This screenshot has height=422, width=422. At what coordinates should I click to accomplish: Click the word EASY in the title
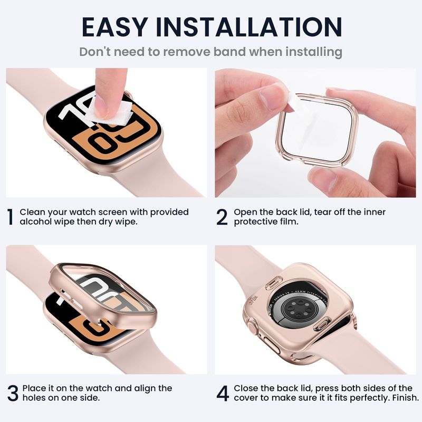[114, 27]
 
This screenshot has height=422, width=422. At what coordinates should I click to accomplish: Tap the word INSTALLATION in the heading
[249, 27]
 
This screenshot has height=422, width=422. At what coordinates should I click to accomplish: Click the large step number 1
[10, 217]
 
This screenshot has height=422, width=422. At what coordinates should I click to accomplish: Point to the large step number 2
[222, 217]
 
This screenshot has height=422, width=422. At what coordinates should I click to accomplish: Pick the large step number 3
[13, 393]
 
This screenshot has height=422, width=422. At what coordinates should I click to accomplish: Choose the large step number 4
[223, 393]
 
